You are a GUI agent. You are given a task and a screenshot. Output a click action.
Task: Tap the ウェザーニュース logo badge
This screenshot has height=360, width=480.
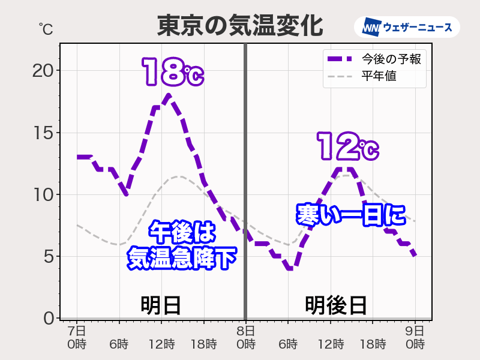coord(411,27)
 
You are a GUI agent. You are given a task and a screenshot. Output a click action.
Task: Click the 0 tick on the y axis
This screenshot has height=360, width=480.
coord(48,317)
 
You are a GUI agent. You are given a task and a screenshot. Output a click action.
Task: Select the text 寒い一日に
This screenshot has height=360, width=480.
coord(351,215)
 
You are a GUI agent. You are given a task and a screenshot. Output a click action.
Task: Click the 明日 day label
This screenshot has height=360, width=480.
coord(161,305)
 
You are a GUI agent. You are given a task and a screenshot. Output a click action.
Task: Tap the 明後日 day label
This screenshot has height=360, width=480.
coord(335,305)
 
